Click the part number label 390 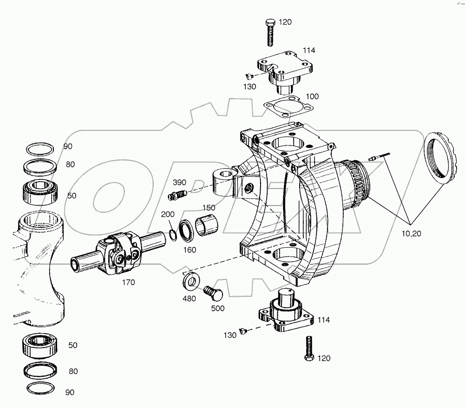point(179,182)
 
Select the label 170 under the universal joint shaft point(129,282)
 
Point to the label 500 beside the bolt point(218,308)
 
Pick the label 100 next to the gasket point(312,96)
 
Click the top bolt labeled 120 point(270,33)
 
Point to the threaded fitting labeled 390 point(177,195)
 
